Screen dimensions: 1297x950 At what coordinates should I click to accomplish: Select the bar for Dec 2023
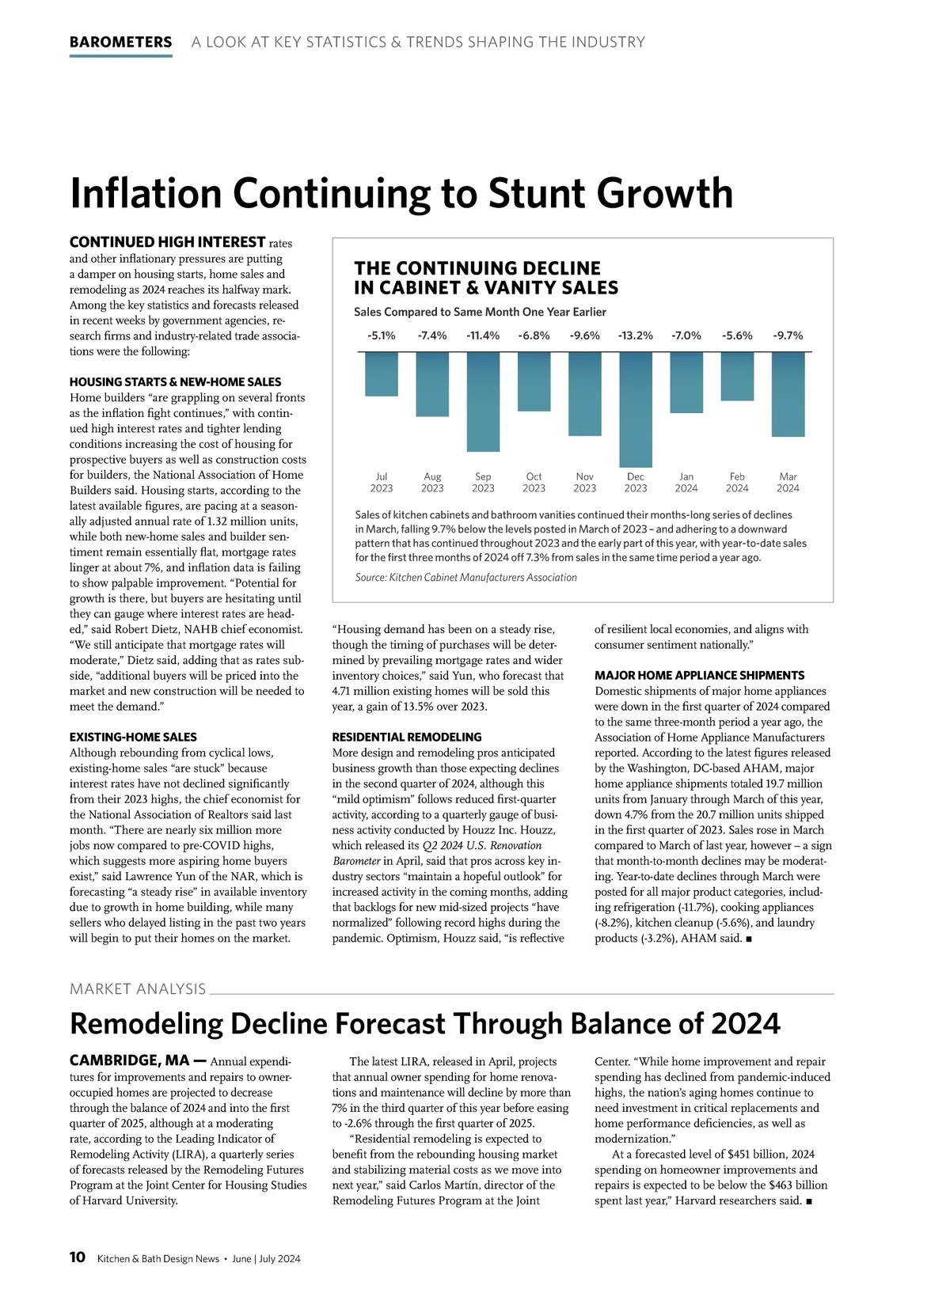tap(636, 409)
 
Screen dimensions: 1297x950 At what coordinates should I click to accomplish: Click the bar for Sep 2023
tap(483, 401)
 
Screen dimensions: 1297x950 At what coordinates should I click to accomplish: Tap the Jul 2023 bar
tap(382, 374)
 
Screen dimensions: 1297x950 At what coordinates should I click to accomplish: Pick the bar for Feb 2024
tap(737, 376)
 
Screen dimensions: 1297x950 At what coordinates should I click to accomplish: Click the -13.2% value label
tap(636, 336)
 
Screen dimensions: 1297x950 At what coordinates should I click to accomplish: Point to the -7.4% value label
tap(432, 336)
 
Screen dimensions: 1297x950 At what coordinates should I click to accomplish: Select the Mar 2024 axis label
tap(788, 483)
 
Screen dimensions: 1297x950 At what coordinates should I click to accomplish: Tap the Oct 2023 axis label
tap(534, 483)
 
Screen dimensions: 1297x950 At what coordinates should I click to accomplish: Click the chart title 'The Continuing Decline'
tap(477, 269)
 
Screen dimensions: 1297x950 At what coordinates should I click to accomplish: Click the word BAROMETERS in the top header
tap(120, 42)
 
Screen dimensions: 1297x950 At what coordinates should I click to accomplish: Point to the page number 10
tap(78, 1257)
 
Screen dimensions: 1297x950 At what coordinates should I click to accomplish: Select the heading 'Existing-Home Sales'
tap(133, 737)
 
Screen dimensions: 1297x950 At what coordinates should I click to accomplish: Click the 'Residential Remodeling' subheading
tap(407, 737)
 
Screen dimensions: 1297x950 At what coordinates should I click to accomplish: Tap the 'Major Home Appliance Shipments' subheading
tap(699, 675)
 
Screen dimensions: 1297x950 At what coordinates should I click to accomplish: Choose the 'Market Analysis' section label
tap(138, 989)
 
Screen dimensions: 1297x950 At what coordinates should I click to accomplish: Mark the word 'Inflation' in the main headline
tap(146, 193)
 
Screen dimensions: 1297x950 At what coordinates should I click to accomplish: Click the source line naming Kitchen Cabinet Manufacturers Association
tap(465, 578)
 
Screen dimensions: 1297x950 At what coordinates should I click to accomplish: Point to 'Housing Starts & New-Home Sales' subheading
tap(175, 381)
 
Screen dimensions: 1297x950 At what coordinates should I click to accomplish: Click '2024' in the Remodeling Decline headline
tap(745, 1024)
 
